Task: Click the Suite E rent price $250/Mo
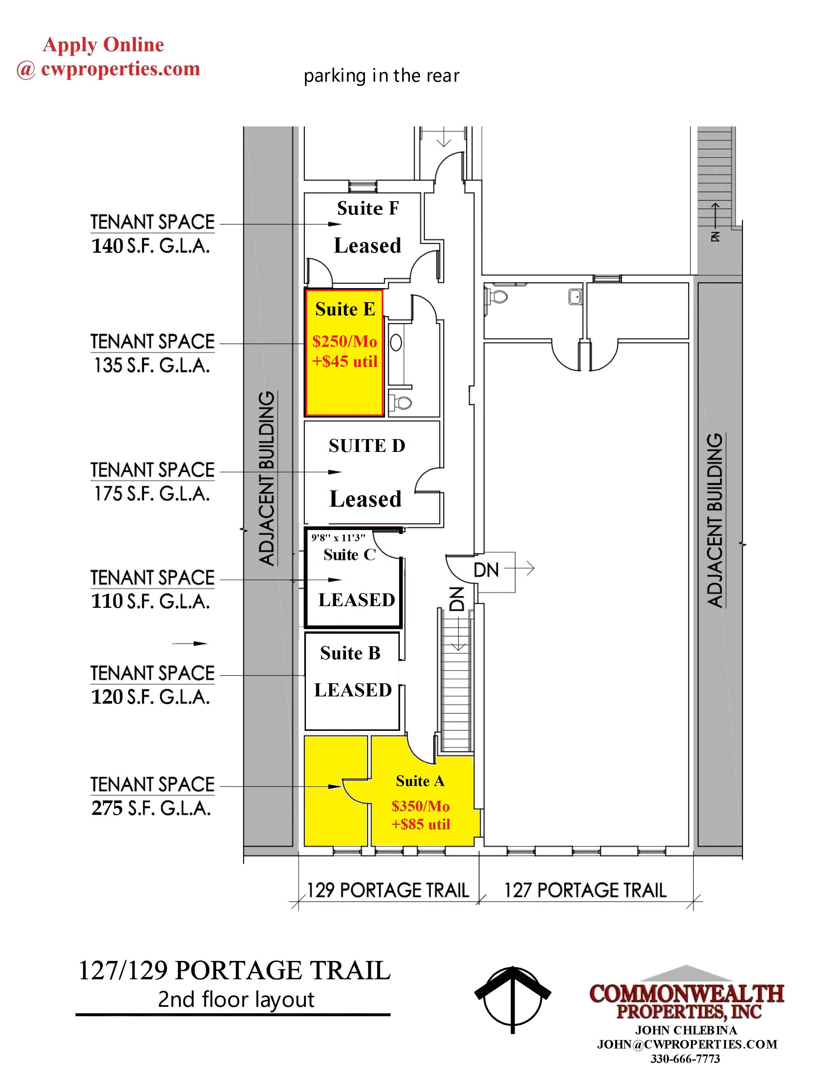coord(345,341)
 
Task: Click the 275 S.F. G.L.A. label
coord(151,808)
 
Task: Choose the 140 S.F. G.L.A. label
coord(151,245)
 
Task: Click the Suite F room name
coord(368,208)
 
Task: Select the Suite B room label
coord(350,653)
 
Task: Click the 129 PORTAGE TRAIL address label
coord(388,890)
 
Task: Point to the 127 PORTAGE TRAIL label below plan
coord(585,890)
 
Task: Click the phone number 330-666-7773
coord(685,1059)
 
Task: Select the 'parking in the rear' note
coord(381,76)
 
